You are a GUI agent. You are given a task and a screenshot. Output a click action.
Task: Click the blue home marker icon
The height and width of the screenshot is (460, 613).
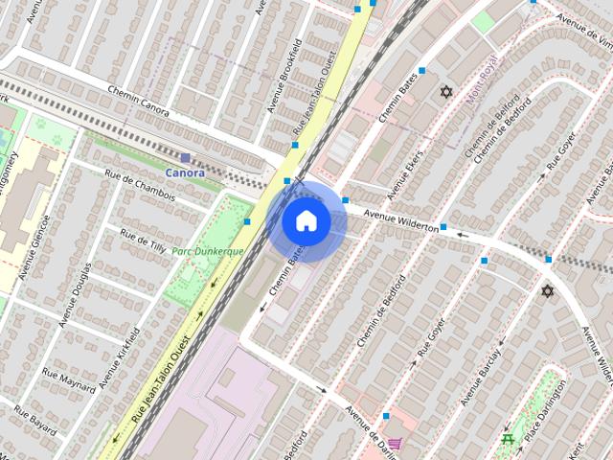(x=306, y=221)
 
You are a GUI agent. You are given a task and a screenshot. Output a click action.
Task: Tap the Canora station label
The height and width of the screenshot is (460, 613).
(x=184, y=172)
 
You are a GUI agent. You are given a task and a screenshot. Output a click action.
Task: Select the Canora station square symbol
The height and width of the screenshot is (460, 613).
(x=185, y=157)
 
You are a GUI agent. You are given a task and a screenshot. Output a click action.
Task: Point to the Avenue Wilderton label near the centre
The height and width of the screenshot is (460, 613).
(x=400, y=219)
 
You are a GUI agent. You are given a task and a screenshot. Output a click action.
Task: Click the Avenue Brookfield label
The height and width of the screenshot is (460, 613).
(x=284, y=76)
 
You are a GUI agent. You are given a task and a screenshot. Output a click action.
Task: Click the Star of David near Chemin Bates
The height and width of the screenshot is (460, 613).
(x=444, y=92)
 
